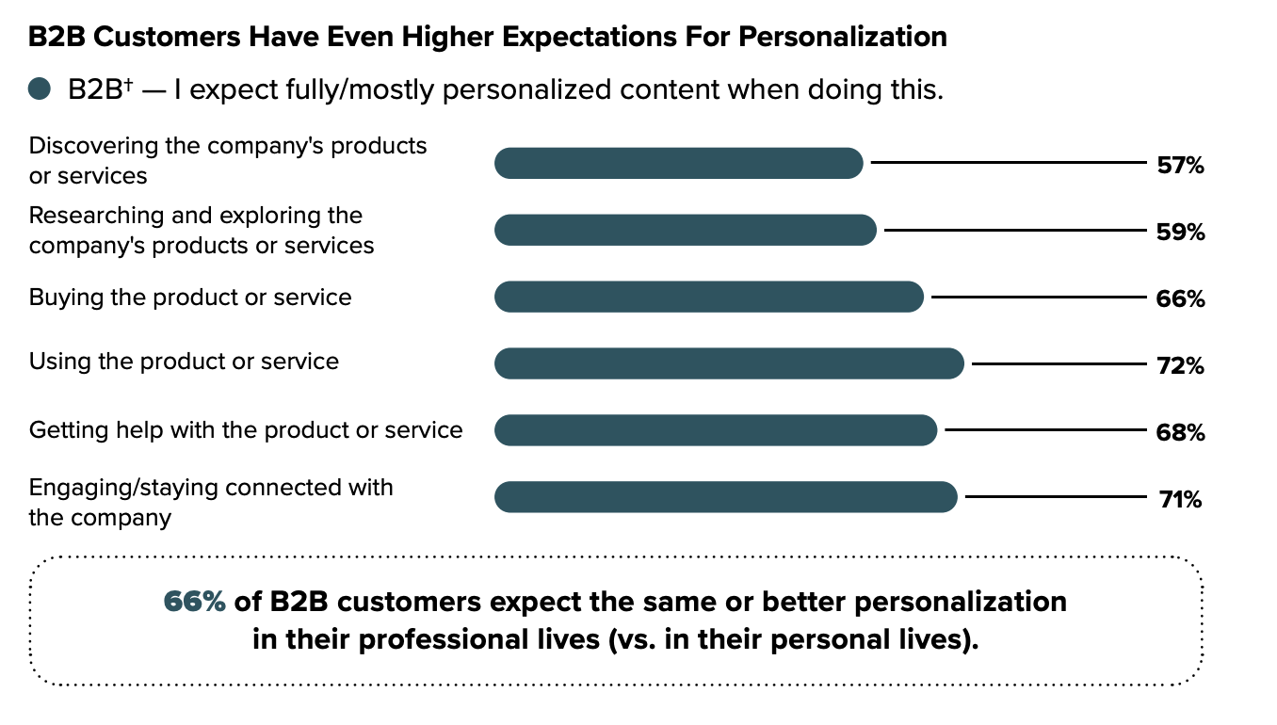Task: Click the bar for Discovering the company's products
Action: click(678, 163)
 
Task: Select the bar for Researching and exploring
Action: click(685, 231)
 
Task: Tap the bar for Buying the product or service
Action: click(708, 298)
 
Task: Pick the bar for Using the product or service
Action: click(729, 364)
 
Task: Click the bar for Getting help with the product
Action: click(716, 431)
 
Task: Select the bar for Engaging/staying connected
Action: click(725, 497)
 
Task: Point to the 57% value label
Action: click(1180, 166)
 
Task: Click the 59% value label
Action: click(1180, 233)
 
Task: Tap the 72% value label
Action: click(1180, 366)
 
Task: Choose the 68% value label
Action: click(1180, 433)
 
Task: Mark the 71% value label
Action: click(1180, 500)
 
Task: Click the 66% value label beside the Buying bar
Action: click(1180, 299)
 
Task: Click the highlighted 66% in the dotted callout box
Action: click(194, 602)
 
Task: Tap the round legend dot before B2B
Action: click(39, 90)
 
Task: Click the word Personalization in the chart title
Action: click(842, 37)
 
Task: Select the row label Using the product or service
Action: click(184, 362)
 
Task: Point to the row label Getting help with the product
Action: click(246, 430)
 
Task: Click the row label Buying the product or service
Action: click(190, 298)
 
